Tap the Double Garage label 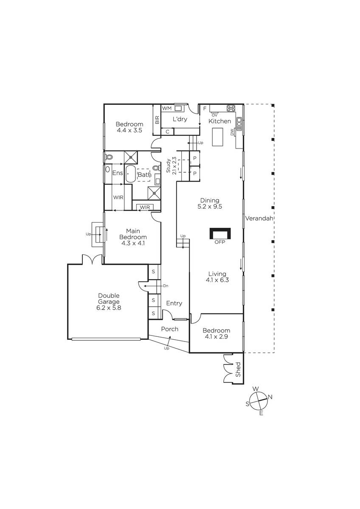109,299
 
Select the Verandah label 259,218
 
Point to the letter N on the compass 270,397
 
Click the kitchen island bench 218,137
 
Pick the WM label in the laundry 167,108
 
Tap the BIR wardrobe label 157,120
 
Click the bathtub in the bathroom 130,174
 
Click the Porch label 170,329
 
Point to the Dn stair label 166,286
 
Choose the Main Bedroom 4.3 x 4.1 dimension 133,243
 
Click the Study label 168,166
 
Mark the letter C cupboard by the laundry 167,131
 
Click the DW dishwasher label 232,132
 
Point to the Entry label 174,303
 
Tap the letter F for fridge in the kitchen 205,109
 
